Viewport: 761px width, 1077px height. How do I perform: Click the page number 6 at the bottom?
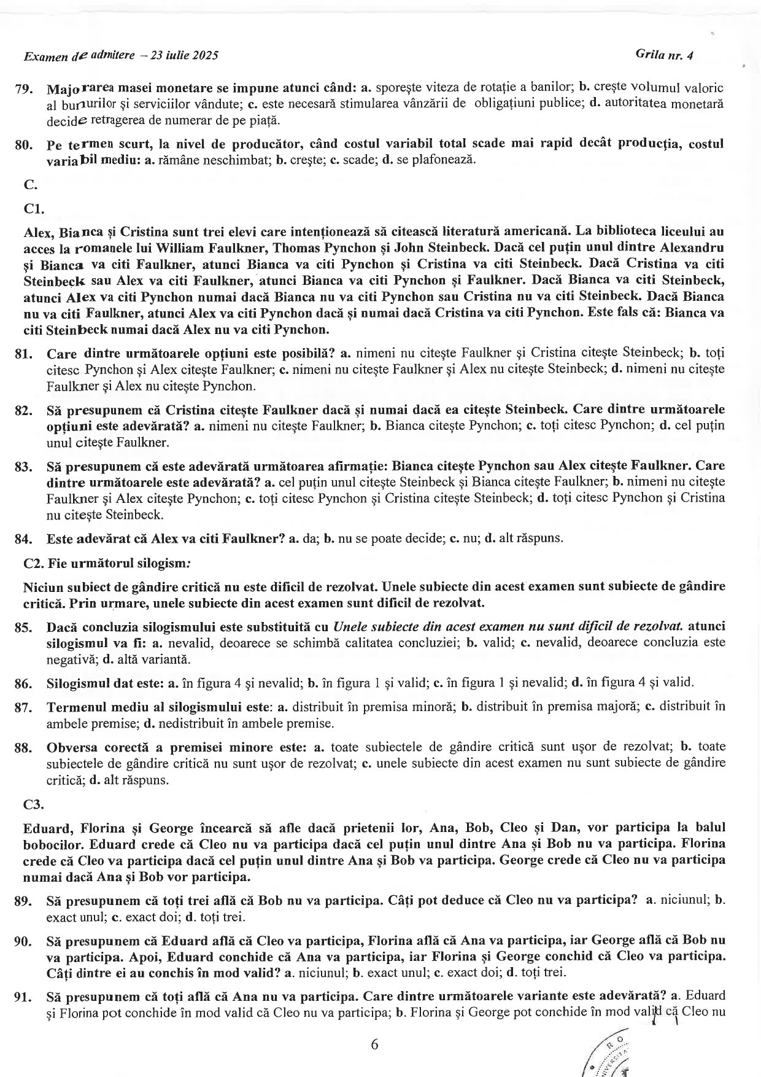[x=374, y=1044]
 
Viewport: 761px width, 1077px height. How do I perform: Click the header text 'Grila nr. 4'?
[x=665, y=55]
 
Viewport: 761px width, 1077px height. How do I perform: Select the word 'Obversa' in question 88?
[x=69, y=747]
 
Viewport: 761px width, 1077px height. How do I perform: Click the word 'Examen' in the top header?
[x=45, y=56]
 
